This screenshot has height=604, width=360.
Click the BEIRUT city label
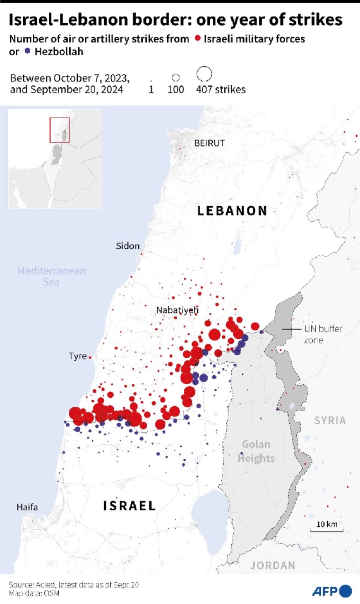pyautogui.click(x=209, y=143)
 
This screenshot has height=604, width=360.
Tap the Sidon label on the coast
pyautogui.click(x=127, y=246)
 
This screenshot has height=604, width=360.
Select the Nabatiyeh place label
pyautogui.click(x=177, y=310)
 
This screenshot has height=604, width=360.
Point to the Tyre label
pyautogui.click(x=78, y=356)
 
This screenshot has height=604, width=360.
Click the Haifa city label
pyautogui.click(x=27, y=507)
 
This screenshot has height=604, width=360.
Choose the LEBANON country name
pyautogui.click(x=232, y=211)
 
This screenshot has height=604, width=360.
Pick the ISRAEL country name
pyautogui.click(x=130, y=506)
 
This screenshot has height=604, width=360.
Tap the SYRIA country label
pyautogui.click(x=330, y=420)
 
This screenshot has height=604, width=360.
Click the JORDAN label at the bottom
pyautogui.click(x=273, y=566)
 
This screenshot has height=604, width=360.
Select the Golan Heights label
pyautogui.click(x=256, y=451)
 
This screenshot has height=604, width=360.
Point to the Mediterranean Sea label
pyautogui.click(x=51, y=276)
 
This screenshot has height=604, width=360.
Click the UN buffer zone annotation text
pyautogui.click(x=323, y=334)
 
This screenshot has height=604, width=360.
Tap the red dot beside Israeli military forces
pyautogui.click(x=198, y=38)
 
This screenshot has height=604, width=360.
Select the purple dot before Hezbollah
pyautogui.click(x=27, y=51)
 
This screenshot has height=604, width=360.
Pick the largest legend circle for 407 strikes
pyautogui.click(x=204, y=74)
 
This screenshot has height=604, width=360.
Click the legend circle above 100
pyautogui.click(x=175, y=77)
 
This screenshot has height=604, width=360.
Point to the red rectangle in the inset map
pyautogui.click(x=60, y=130)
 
